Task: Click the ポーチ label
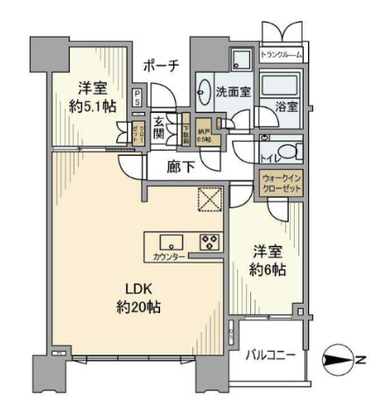click(163, 65)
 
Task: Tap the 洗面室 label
click(234, 89)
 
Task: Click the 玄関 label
click(161, 128)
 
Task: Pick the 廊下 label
click(181, 165)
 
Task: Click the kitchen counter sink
click(171, 242)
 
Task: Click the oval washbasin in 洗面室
click(204, 90)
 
